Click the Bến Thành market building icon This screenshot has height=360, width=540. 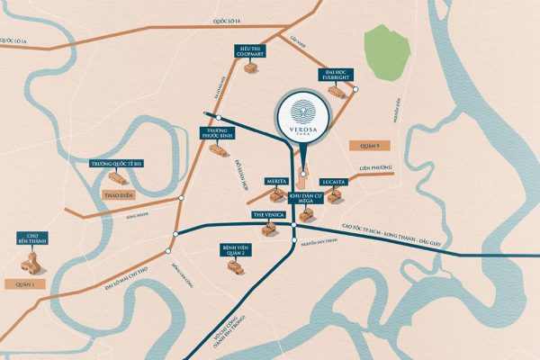31,264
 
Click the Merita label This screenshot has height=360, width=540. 275,182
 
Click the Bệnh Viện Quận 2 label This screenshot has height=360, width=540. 237,248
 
